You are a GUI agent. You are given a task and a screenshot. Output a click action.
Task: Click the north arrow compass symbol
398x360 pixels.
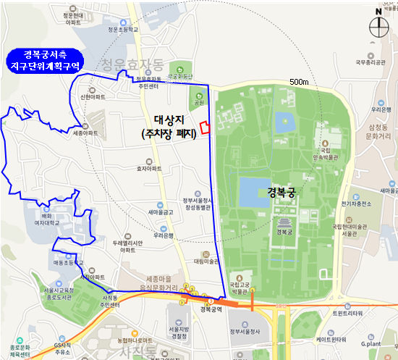click(378, 25)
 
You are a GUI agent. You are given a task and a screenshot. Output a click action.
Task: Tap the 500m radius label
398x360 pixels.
click(299, 82)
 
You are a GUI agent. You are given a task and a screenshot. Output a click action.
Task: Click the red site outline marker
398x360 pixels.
click(206, 128)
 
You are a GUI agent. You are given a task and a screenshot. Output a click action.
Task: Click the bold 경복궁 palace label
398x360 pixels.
click(281, 193)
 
